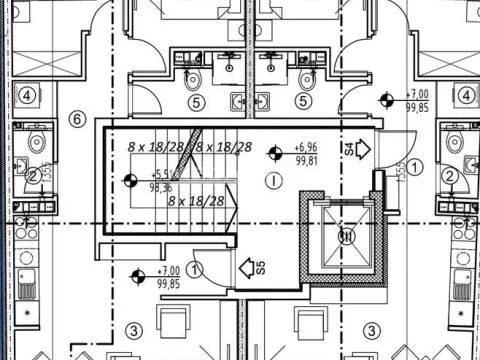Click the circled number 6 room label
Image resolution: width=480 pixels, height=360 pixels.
75,118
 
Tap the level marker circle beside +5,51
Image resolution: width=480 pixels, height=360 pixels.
130,180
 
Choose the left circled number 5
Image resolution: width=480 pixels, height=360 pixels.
197,101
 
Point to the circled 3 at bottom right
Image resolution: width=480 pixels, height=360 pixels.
370,330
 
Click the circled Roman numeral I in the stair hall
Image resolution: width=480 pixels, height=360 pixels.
272,181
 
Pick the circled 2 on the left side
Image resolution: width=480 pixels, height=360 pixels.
32,176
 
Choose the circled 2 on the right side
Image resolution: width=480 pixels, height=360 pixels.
451,176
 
